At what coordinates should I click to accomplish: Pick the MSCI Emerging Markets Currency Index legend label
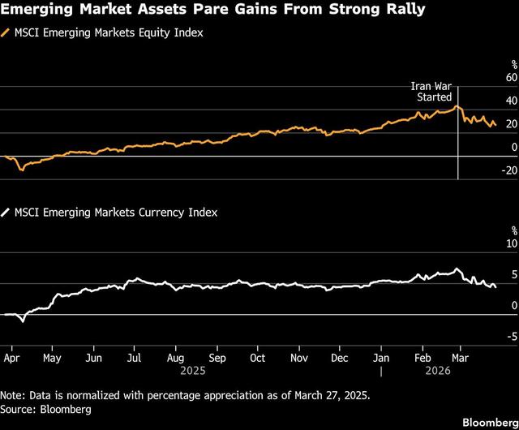tap(114, 212)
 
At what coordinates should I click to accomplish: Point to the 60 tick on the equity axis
tap(510, 78)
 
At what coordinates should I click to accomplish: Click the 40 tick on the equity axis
tap(510, 101)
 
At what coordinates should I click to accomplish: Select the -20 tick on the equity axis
tap(508, 170)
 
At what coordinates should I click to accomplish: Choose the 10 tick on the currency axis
tap(510, 243)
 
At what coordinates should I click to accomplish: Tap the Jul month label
tap(135, 356)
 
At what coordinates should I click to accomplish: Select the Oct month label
tap(258, 356)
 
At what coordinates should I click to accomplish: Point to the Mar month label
tap(459, 356)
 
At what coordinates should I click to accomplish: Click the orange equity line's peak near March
tap(456, 106)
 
